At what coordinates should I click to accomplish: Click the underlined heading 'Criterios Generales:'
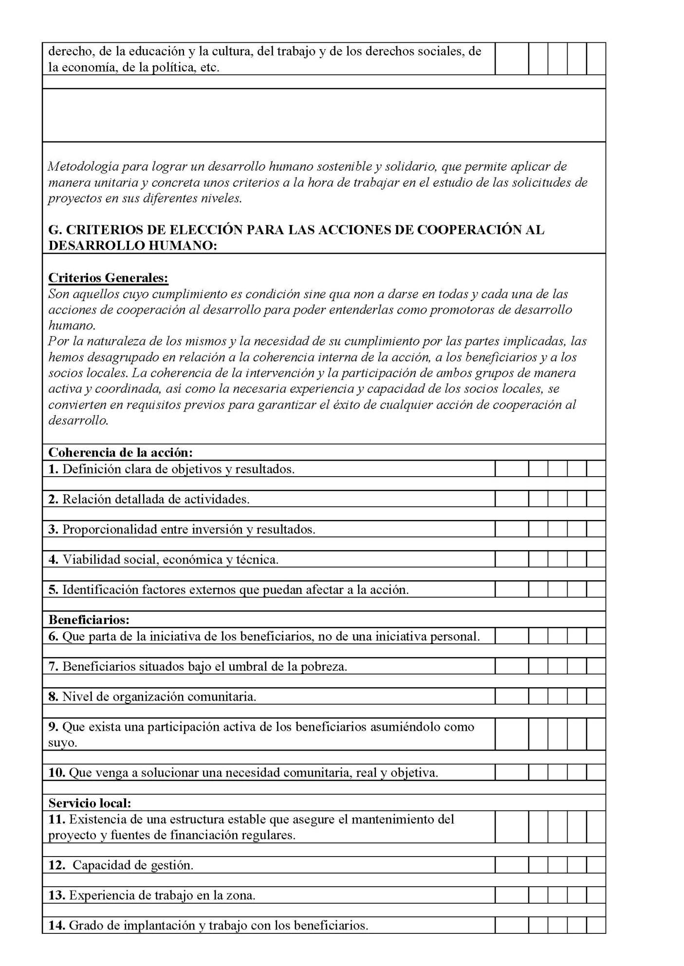[x=108, y=278]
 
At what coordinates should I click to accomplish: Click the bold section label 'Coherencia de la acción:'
[x=120, y=452]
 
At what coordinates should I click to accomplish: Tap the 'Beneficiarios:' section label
[x=89, y=620]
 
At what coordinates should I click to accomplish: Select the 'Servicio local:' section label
[x=90, y=803]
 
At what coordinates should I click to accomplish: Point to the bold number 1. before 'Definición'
[x=53, y=469]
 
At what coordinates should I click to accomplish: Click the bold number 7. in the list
[x=53, y=666]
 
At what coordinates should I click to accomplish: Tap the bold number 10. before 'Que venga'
[x=56, y=772]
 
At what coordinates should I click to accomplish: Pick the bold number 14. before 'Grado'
[x=56, y=925]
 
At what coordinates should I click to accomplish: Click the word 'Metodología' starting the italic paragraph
[x=83, y=167]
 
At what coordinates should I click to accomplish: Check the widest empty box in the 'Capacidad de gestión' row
[x=511, y=865]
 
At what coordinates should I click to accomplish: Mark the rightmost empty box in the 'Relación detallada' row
[x=596, y=499]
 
